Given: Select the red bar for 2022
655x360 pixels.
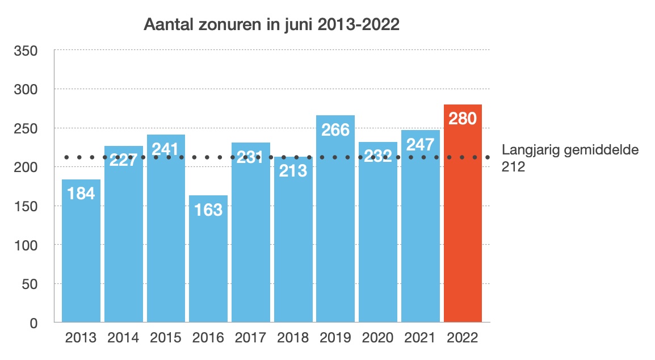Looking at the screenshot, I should [x=463, y=227].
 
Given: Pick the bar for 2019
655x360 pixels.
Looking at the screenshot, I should [x=335, y=227].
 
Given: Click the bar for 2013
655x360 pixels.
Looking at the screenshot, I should [x=81, y=256].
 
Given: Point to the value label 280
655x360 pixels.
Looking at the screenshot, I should [x=463, y=119].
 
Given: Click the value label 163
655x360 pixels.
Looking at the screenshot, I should [x=208, y=210].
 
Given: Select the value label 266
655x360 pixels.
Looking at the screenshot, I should [x=335, y=129].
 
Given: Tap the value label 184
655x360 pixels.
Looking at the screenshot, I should [x=81, y=194].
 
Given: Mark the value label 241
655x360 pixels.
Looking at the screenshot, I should [x=166, y=149].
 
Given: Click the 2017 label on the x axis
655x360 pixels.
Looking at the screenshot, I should [x=250, y=338].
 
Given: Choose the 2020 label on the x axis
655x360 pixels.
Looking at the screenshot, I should [x=377, y=338].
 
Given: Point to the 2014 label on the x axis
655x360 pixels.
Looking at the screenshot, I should [x=123, y=338].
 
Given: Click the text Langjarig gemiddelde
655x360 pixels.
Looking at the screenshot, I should [x=570, y=150].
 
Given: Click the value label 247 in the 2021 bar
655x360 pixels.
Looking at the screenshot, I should [x=420, y=144].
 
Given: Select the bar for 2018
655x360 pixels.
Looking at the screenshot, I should [x=293, y=244].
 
